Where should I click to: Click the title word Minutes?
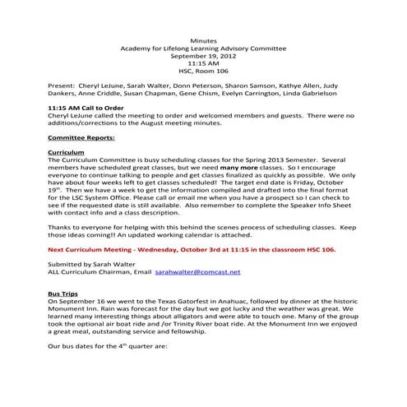[x=203, y=39]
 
